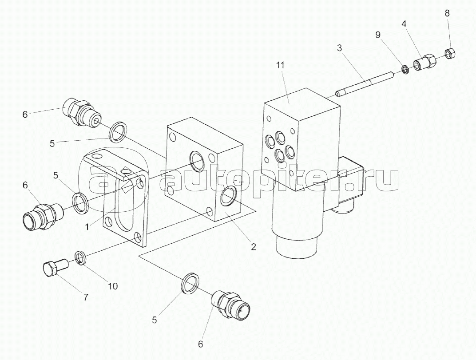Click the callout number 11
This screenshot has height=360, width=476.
click(x=281, y=65)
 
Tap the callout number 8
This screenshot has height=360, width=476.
click(x=447, y=13)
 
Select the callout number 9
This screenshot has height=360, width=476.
click(x=377, y=35)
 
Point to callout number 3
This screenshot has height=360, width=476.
click(x=339, y=47)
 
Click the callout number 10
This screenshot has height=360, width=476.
click(x=113, y=286)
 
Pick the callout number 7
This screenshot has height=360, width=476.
click(x=86, y=297)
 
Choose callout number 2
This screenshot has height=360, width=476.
click(x=254, y=246)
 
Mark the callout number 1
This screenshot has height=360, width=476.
click(x=87, y=227)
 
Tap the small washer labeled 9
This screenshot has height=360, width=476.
click(x=404, y=70)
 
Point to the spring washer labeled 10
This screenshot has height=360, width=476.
click(x=80, y=258)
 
